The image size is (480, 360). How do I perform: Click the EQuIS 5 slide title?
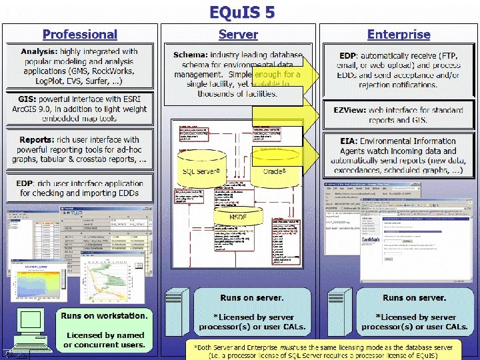coord(241,12)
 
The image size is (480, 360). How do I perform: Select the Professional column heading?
coord(80,34)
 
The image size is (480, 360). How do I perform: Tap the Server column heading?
coord(238,34)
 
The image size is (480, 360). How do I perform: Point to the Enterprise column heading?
coord(399,34)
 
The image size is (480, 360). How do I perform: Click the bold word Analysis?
coord(39,51)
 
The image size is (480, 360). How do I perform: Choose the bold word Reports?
coord(36,140)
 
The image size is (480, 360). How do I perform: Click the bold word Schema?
coord(190,55)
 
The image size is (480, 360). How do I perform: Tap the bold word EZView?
coord(351,110)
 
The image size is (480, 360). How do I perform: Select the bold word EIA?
coord(348,141)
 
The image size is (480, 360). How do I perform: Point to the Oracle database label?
coord(275,171)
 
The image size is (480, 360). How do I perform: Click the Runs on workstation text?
coord(104,315)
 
